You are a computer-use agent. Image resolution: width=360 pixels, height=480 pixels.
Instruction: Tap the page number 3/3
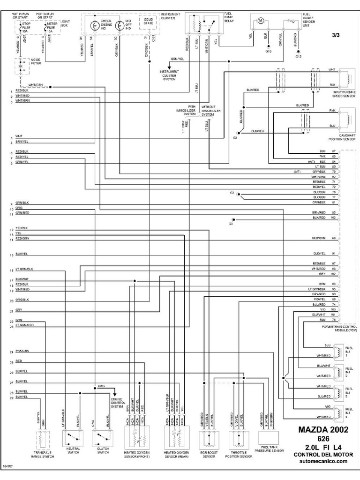coord(337,35)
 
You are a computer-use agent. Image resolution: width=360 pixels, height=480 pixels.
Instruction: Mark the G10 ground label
coord(268,51)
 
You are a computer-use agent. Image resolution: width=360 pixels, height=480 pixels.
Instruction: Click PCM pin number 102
coord(333,273)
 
